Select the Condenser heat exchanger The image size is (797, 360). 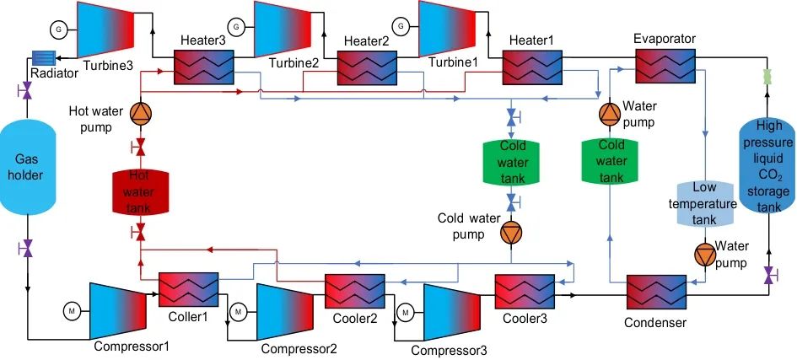pos(655,294)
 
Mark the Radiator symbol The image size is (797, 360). pos(42,57)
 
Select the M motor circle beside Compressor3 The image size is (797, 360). pos(407,312)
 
